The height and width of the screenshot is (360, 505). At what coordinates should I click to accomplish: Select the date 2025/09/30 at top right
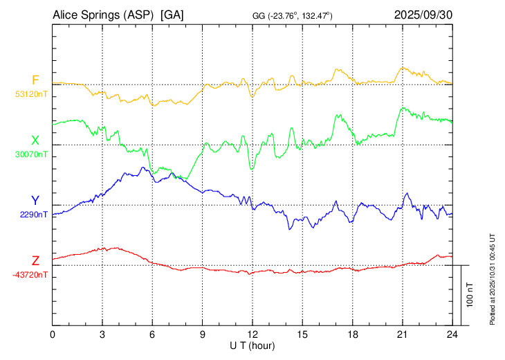click(423, 15)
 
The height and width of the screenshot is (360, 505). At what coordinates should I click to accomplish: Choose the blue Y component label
click(35, 201)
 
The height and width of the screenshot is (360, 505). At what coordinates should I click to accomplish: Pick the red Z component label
click(35, 261)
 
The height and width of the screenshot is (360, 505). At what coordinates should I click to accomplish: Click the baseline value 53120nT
click(32, 93)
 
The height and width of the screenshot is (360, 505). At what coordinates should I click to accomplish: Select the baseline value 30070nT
click(32, 154)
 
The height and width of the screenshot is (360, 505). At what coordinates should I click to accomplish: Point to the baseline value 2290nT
click(34, 214)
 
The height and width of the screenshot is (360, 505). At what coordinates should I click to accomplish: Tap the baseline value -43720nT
click(30, 274)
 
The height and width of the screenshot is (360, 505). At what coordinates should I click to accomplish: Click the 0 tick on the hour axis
click(53, 334)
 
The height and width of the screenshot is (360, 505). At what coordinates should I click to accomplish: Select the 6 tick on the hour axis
click(152, 334)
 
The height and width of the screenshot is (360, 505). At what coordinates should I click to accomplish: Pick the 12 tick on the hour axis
click(252, 334)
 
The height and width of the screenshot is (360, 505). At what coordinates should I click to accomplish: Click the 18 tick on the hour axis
click(352, 334)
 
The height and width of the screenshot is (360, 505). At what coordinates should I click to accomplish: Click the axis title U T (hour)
click(252, 345)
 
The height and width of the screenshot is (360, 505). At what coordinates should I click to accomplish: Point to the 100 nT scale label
click(470, 295)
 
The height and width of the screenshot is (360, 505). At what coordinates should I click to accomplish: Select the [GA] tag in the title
click(172, 15)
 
